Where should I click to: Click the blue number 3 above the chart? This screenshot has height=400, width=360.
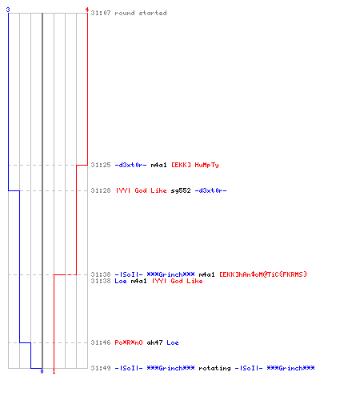point(8,10)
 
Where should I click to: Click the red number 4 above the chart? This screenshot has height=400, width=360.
point(87,10)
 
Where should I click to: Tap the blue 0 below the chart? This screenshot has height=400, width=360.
point(42,371)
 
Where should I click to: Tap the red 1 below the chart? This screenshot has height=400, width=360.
point(54,371)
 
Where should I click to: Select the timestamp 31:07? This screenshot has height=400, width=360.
point(101,13)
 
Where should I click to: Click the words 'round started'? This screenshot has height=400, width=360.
point(141,13)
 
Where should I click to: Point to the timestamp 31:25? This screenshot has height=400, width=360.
point(101,165)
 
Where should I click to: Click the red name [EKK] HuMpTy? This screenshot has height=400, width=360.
point(195,165)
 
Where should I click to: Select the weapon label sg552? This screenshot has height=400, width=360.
point(181,190)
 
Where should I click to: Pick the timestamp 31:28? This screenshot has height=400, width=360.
point(101,190)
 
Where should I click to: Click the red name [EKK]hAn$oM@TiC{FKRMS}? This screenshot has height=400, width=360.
point(263,274)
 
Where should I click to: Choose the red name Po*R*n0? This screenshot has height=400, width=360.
point(129,342)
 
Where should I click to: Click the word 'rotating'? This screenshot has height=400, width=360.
point(214,368)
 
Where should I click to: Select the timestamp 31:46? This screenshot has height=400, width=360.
point(101,342)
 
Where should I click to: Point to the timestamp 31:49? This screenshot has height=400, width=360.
point(101,368)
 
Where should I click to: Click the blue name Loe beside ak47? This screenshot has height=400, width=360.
point(173,342)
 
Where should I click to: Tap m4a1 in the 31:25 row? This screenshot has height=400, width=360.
point(158,165)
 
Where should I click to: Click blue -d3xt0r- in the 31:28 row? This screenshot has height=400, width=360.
point(210,190)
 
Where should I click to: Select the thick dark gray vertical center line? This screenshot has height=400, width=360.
point(42,190)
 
